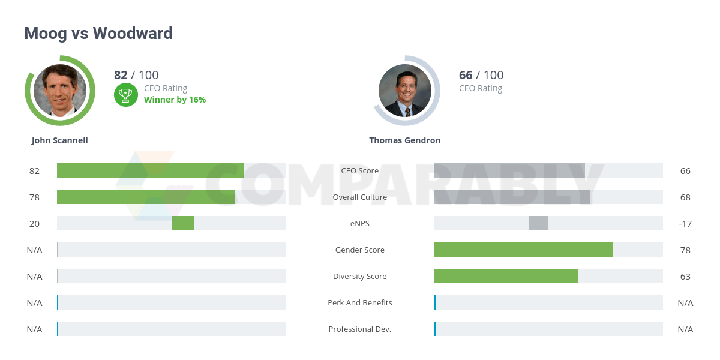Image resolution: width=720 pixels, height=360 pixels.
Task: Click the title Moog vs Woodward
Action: click(98, 33)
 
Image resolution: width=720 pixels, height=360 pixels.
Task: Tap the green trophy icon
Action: click(125, 94)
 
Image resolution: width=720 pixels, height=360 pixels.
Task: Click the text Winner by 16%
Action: click(175, 100)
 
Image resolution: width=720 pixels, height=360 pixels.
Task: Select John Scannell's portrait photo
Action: click(60, 91)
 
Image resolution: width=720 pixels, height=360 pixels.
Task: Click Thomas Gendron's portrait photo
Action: click(405, 91)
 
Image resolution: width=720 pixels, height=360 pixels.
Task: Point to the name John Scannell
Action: click(60, 140)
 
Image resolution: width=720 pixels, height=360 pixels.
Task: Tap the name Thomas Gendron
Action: click(404, 140)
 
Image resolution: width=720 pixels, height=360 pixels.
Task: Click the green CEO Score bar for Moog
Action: click(150, 170)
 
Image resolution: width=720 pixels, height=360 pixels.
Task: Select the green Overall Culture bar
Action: click(146, 197)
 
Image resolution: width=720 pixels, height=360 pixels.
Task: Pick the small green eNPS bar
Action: click(183, 223)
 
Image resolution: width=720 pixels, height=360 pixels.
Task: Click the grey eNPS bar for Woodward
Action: click(538, 223)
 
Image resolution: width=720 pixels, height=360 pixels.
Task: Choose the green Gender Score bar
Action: click(523, 250)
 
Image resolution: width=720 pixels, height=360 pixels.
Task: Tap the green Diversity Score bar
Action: click(506, 276)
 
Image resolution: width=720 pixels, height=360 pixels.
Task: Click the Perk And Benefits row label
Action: click(360, 302)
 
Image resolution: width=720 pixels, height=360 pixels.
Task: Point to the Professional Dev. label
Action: click(360, 329)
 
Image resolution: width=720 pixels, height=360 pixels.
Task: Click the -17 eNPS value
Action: click(685, 223)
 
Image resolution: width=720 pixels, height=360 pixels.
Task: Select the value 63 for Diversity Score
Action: click(685, 276)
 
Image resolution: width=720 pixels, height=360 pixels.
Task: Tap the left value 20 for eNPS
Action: click(34, 223)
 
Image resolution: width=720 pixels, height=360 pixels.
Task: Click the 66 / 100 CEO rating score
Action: click(481, 75)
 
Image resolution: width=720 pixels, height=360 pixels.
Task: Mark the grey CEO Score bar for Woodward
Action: click(509, 170)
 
